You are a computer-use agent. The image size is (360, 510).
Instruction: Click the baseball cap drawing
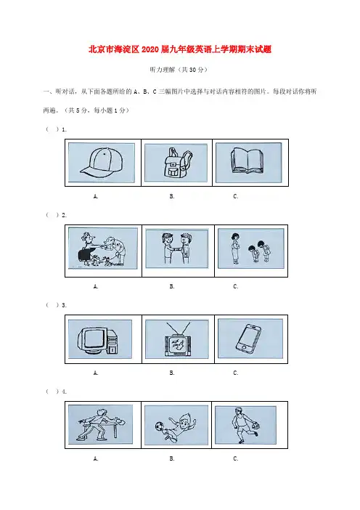tap(102, 162)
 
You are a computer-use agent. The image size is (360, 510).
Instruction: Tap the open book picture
tap(247, 161)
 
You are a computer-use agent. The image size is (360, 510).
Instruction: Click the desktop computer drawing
tap(97, 340)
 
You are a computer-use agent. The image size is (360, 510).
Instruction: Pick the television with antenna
tap(177, 339)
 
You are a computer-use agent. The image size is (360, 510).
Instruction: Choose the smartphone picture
tap(248, 338)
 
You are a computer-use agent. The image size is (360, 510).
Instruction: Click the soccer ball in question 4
tap(159, 426)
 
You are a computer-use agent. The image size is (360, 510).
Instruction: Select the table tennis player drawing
tap(100, 424)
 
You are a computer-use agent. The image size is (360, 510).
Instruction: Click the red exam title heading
tap(180, 49)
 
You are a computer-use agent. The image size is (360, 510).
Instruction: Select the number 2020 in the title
tap(150, 49)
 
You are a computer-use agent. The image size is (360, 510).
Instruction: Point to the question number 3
tap(64, 305)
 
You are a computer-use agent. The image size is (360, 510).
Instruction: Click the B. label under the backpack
tap(172, 196)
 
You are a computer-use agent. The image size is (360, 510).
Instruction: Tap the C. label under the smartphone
tap(236, 373)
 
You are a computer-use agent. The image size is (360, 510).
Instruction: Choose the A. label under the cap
tap(96, 196)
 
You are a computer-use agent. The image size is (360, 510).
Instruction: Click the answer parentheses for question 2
tap(52, 214)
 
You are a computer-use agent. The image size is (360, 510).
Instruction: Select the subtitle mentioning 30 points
tap(179, 70)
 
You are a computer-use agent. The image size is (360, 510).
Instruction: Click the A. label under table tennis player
tap(96, 458)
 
